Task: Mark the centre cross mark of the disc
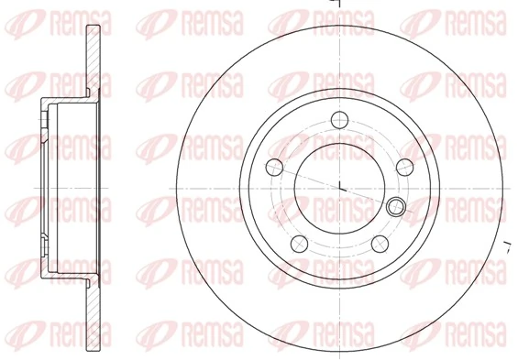click(x=340, y=189)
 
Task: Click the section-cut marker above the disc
click(x=337, y=4)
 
